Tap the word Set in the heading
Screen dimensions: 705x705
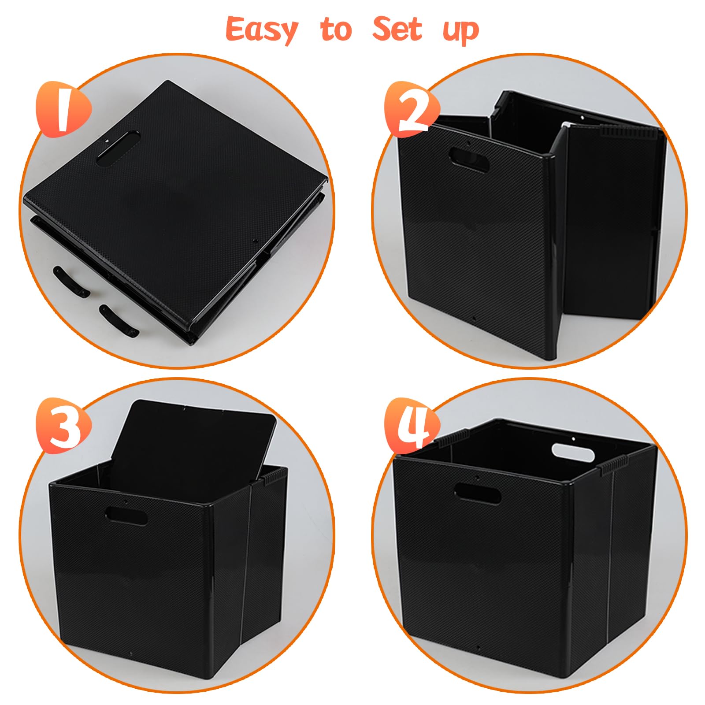tap(397, 29)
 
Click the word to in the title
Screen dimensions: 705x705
tap(336, 30)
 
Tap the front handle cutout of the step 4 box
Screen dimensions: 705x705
tap(477, 493)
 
